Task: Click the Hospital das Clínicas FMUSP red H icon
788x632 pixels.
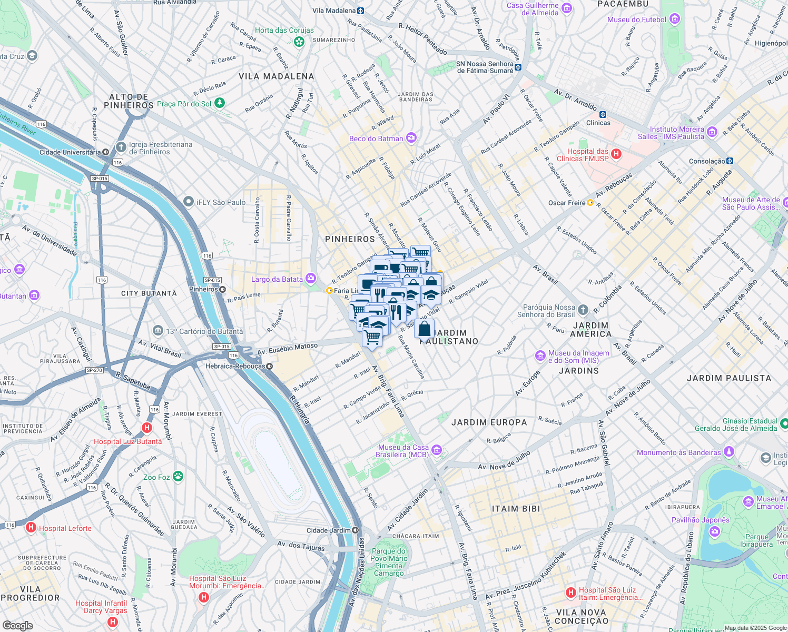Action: [x=616, y=154]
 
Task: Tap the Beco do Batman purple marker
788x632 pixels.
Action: [x=411, y=138]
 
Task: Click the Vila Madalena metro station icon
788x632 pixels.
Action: [x=361, y=11]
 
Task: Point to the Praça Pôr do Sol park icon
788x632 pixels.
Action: [x=220, y=103]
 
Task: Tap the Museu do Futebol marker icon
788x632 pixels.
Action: [x=675, y=19]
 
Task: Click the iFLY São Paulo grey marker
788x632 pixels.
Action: [x=188, y=202]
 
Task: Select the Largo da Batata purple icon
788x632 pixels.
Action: [x=311, y=278]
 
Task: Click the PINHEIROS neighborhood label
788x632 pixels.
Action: [x=350, y=239]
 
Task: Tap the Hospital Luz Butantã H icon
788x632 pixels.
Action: [x=147, y=428]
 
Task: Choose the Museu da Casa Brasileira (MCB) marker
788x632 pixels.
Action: [x=436, y=450]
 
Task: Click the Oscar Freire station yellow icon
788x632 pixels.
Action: [x=590, y=203]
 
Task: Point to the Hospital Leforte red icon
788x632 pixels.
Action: [x=31, y=527]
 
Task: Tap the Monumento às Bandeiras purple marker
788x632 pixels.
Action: [x=728, y=451]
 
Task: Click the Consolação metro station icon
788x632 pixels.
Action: [x=730, y=161]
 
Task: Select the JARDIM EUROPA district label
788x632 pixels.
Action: [x=489, y=422]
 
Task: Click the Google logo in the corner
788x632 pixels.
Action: [x=17, y=625]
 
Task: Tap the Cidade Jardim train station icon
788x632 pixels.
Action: [x=356, y=530]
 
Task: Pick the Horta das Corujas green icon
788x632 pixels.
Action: [x=299, y=41]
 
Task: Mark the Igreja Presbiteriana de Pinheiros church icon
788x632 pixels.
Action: [x=121, y=147]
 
